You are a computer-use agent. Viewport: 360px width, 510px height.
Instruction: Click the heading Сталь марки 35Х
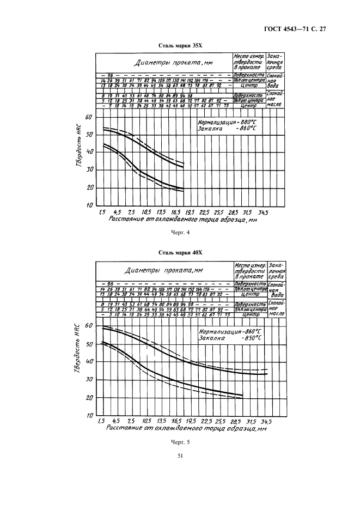point(179,46)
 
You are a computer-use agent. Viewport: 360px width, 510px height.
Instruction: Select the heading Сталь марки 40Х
point(179,253)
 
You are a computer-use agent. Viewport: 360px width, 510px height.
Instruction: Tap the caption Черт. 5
point(179,442)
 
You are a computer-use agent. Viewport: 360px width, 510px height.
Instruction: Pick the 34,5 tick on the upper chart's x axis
point(263,212)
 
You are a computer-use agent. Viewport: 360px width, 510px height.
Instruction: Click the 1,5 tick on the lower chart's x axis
point(101,421)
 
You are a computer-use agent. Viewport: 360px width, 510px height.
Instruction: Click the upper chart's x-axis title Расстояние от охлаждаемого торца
point(182,220)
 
